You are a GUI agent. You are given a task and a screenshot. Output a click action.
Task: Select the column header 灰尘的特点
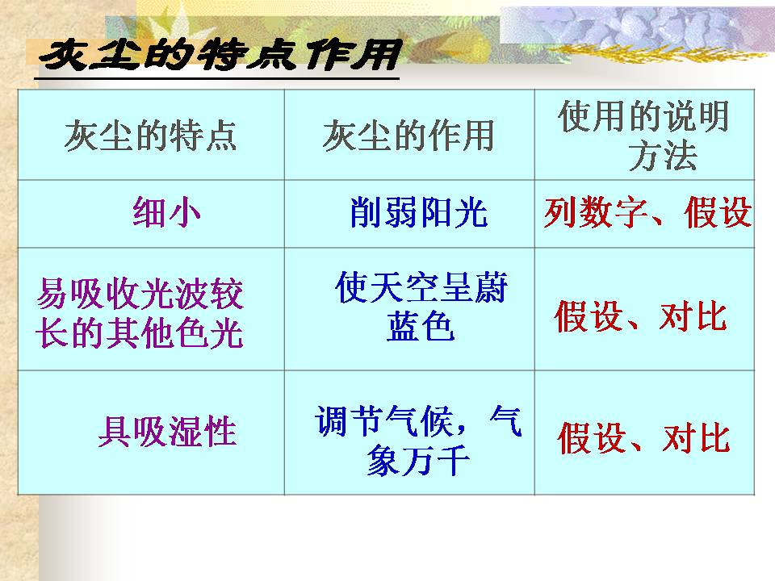pos(151,135)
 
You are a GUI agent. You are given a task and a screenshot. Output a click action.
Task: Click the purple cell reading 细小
pos(166,214)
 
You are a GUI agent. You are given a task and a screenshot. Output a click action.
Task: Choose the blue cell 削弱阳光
pos(419,213)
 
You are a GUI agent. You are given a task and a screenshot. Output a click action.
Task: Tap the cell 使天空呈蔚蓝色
pos(421,307)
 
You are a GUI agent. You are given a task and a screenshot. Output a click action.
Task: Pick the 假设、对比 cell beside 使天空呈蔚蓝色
pos(641,317)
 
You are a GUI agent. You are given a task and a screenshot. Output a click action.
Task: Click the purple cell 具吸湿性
pos(167,433)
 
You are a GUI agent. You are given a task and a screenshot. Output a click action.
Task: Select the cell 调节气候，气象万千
pos(419,441)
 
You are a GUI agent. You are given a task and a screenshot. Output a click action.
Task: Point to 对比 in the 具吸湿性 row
pos(696,439)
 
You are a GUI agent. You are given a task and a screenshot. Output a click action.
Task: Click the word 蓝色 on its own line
pos(421,327)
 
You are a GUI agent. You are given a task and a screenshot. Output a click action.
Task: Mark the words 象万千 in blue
pos(418,462)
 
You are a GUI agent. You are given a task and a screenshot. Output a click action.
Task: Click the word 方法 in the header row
pos(662,157)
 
